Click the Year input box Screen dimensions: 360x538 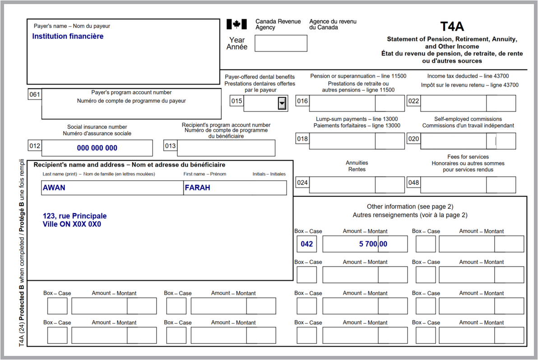[281, 43]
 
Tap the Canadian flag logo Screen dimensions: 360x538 [237, 24]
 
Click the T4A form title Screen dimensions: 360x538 [452, 26]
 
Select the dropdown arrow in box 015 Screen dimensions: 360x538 [282, 104]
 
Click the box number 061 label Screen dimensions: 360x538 [34, 94]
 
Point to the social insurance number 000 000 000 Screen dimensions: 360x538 [97, 148]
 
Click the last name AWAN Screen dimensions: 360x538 [54, 187]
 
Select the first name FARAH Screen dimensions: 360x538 [197, 187]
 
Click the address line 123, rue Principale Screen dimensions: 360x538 [75, 216]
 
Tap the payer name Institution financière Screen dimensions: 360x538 [68, 36]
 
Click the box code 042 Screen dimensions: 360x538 [306, 244]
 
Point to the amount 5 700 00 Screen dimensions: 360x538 [373, 244]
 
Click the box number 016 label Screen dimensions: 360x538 [302, 101]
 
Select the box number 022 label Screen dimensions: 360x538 [413, 101]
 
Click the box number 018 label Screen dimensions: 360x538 [302, 139]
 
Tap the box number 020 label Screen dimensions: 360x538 [413, 139]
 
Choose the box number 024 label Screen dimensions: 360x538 [302, 182]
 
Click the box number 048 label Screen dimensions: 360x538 [413, 182]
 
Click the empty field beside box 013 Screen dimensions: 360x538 [226, 148]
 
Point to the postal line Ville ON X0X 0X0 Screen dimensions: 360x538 [72, 224]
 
